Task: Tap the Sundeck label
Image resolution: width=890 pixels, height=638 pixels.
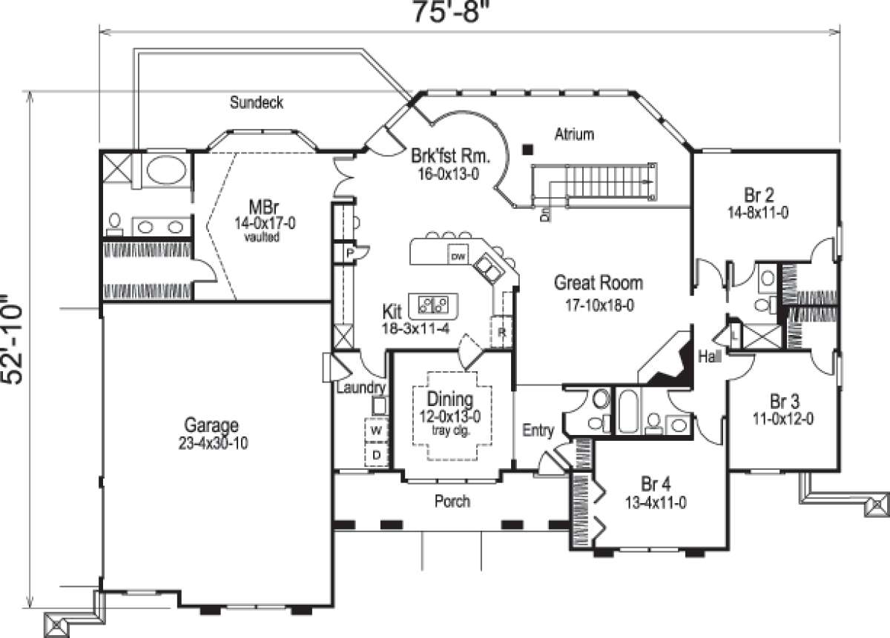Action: click(256, 102)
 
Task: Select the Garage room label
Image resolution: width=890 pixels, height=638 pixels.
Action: click(211, 425)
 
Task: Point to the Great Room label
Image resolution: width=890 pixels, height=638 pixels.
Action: click(599, 282)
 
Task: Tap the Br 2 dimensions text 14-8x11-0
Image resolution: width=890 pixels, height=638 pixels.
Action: click(758, 210)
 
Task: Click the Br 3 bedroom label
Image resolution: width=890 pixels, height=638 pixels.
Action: click(784, 402)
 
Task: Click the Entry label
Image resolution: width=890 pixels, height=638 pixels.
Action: click(538, 431)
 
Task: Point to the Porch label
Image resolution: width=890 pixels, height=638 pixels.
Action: click(452, 502)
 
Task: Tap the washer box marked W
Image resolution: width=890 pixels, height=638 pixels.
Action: click(376, 431)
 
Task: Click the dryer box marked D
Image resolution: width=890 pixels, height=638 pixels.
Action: click(376, 454)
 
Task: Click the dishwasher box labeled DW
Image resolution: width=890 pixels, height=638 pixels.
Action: click(458, 256)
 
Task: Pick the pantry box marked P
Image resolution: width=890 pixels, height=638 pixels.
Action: click(346, 253)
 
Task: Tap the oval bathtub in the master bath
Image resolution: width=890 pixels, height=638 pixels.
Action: click(166, 170)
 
